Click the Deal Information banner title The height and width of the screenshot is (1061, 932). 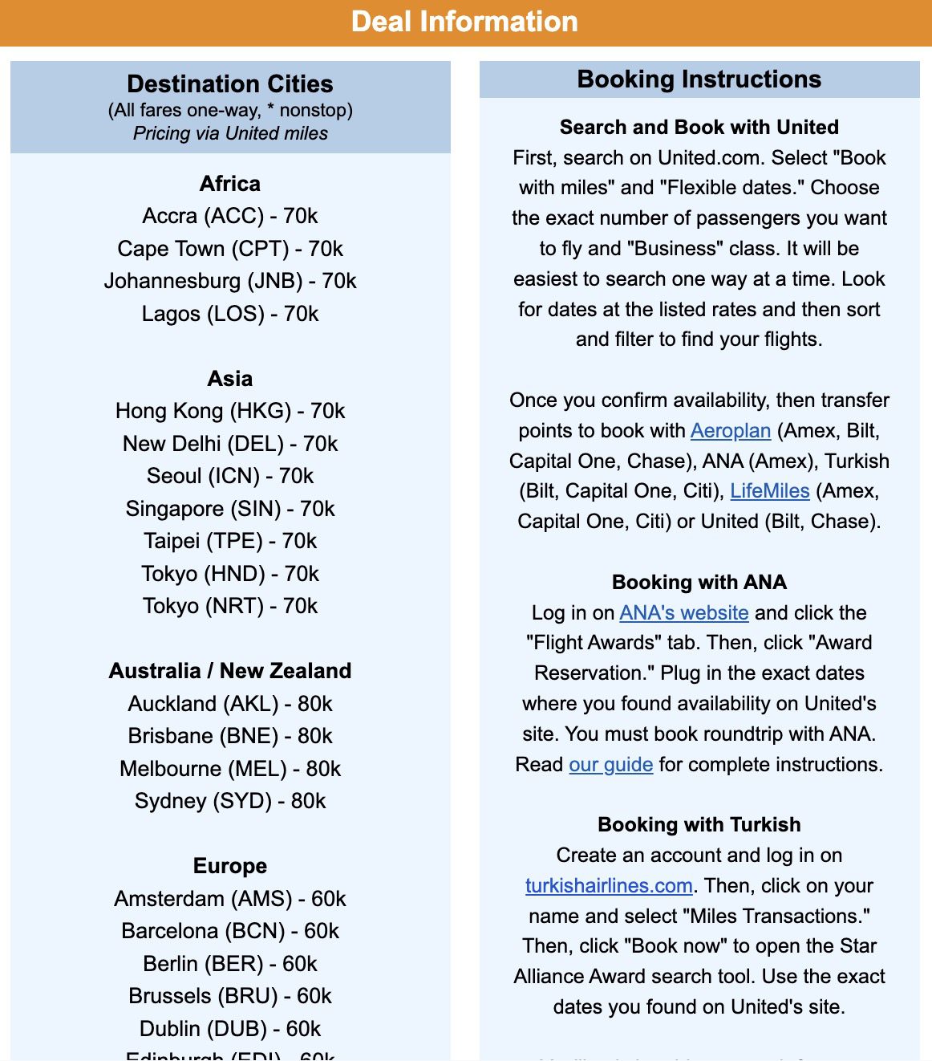(x=464, y=22)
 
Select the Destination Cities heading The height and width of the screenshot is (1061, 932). (x=230, y=84)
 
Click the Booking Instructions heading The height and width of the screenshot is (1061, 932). (x=699, y=79)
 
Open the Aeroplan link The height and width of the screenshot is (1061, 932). (x=730, y=431)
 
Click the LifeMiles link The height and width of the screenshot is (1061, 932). (x=769, y=491)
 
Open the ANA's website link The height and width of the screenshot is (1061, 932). (x=683, y=613)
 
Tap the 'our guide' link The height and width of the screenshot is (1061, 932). (x=610, y=765)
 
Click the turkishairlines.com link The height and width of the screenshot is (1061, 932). (x=609, y=886)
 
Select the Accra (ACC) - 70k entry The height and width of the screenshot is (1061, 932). (x=230, y=216)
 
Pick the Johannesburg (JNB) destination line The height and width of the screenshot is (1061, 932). (x=230, y=281)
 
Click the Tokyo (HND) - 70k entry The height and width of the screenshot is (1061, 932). (x=230, y=574)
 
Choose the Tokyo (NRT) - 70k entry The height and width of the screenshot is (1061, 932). (x=230, y=606)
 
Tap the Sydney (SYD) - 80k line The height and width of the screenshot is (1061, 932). (x=230, y=801)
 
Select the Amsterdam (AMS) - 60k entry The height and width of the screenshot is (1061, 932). (x=230, y=899)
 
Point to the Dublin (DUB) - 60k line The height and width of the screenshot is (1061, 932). (x=230, y=1029)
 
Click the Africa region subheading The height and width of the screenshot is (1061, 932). (x=230, y=184)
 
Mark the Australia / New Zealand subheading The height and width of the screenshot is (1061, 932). (x=230, y=671)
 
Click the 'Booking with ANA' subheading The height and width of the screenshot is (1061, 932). (x=699, y=583)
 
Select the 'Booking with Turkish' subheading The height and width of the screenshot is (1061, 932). (x=699, y=825)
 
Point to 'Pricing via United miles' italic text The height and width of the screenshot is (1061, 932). (x=230, y=133)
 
